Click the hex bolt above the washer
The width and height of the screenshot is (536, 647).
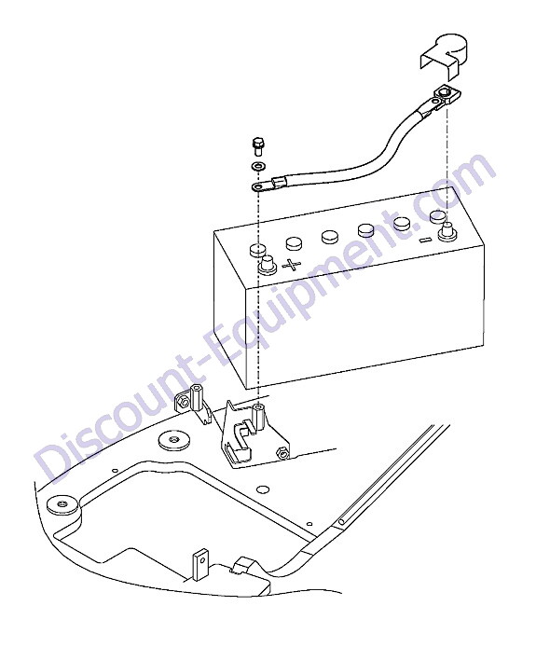click(x=257, y=146)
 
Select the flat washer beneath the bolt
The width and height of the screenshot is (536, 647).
click(x=258, y=167)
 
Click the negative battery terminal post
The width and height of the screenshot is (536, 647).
click(x=447, y=231)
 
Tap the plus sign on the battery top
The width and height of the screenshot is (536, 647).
click(x=292, y=264)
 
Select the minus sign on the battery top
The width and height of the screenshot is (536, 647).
click(x=424, y=240)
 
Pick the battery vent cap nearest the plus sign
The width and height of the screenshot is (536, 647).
click(x=295, y=243)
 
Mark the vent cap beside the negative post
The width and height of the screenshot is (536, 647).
click(x=438, y=215)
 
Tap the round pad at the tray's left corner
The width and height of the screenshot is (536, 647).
click(x=63, y=504)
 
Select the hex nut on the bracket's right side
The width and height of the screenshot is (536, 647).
click(x=282, y=453)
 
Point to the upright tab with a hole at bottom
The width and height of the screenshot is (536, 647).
click(x=200, y=564)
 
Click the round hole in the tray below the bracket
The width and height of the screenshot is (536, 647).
click(x=262, y=489)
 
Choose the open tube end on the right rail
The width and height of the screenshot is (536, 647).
click(x=342, y=522)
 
